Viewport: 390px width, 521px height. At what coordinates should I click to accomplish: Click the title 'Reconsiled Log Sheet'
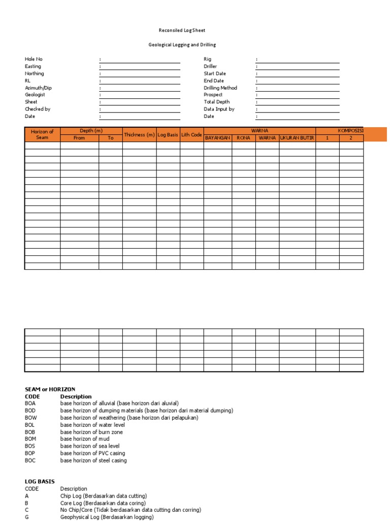182,31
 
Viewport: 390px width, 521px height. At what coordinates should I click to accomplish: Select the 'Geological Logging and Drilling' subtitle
182,45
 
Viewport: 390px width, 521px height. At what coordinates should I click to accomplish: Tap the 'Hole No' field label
34,60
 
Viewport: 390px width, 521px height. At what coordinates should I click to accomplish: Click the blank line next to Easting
141,67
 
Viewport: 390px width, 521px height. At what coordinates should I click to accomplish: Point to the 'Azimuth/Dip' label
38,88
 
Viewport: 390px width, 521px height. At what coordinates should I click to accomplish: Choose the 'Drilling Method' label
220,88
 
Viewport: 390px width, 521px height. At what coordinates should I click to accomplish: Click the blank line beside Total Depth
299,102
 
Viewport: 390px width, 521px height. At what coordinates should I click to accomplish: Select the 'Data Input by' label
219,109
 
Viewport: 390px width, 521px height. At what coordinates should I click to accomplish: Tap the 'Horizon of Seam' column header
42,135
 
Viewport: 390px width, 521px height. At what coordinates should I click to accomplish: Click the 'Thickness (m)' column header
139,135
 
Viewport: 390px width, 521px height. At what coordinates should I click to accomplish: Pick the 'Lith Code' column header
191,135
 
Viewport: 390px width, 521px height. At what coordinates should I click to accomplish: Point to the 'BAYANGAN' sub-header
218,138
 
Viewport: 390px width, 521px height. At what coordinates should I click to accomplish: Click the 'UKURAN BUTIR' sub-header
297,138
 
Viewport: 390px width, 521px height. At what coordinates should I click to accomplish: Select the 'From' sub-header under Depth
79,138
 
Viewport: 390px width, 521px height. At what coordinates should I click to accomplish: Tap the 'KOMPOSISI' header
350,131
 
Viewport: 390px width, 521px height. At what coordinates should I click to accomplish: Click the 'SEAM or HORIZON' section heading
50,389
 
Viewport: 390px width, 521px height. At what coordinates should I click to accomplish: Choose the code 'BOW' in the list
30,418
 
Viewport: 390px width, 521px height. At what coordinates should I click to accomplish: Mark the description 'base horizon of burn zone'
91,432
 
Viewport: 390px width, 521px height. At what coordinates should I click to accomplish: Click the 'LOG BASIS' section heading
40,481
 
